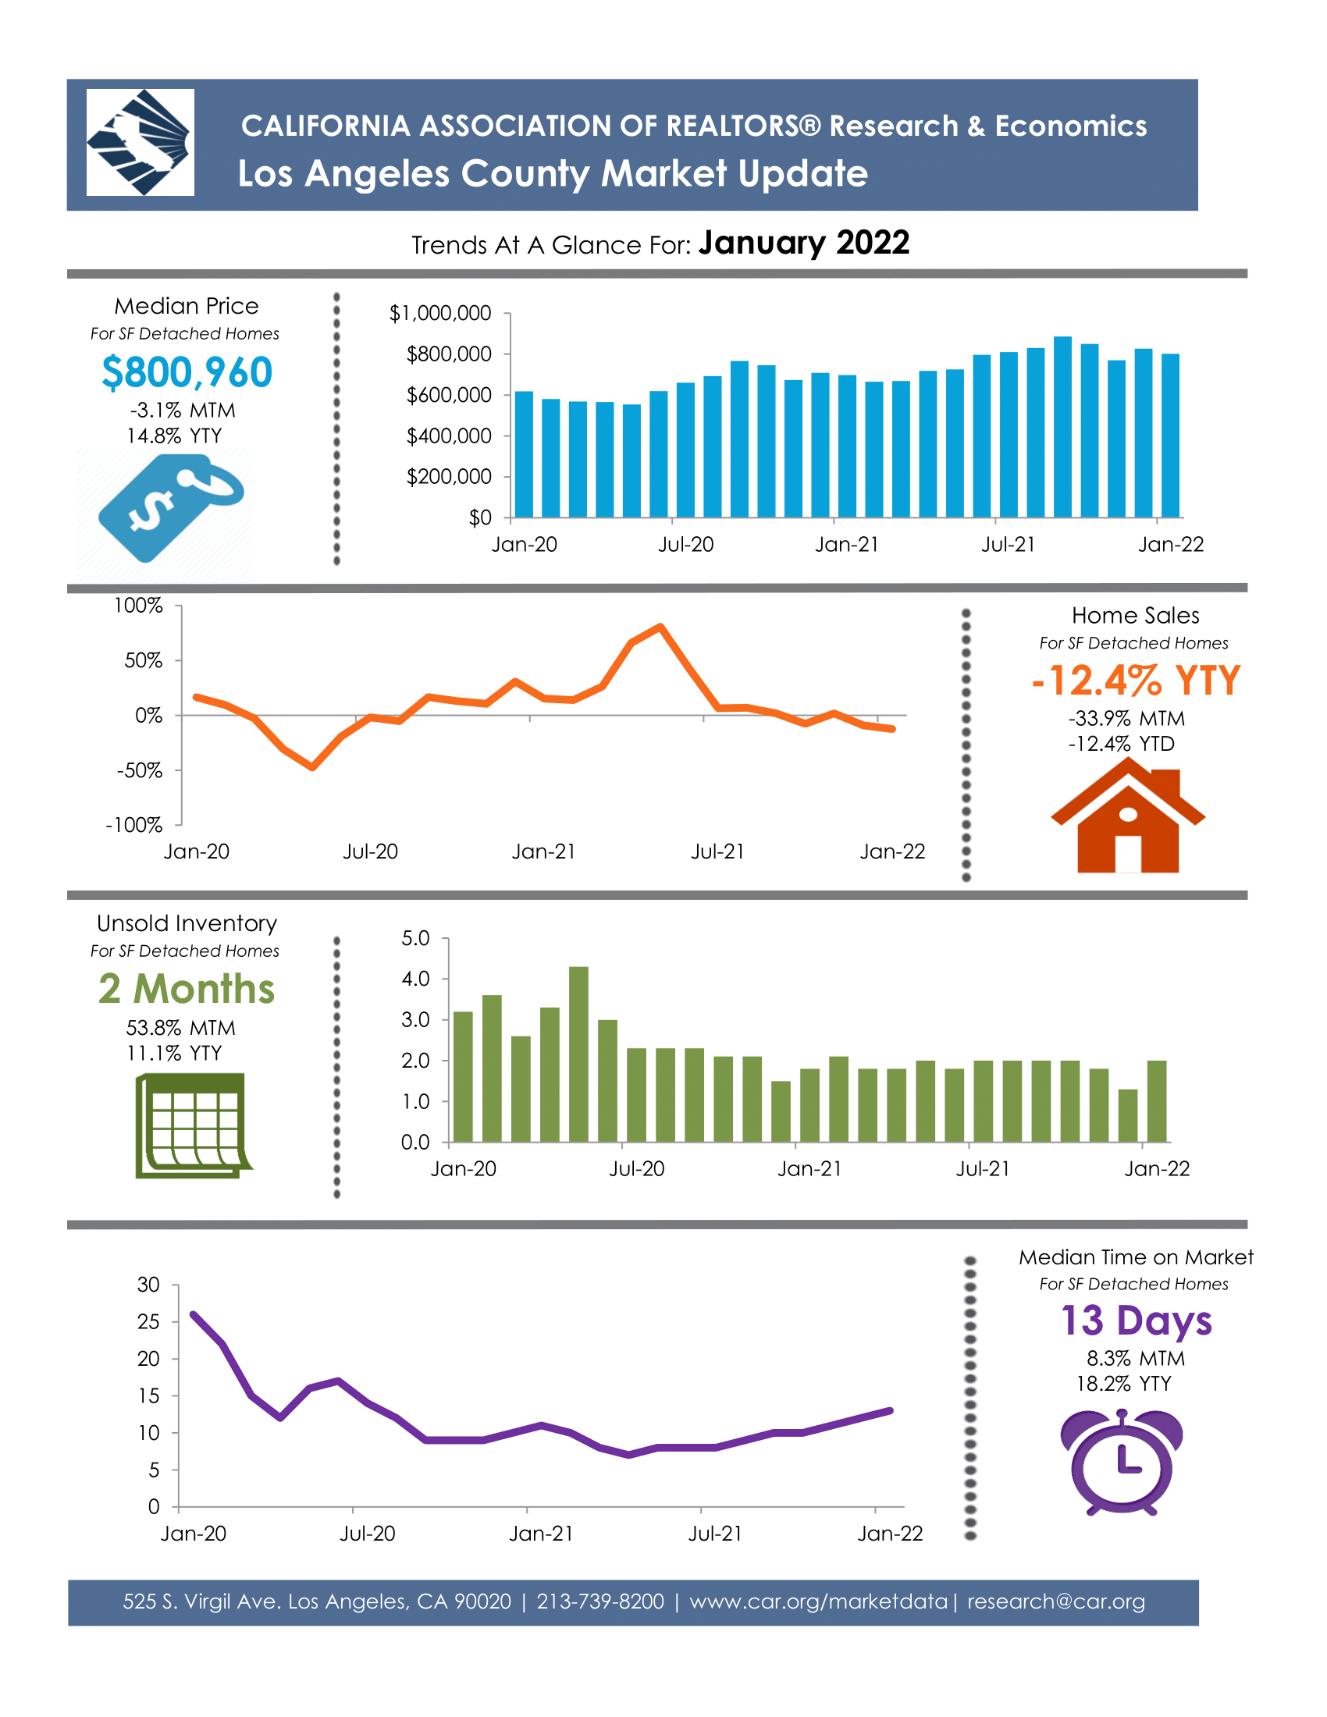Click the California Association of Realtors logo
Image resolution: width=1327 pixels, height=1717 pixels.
140,142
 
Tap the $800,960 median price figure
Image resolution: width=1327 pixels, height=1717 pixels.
187,372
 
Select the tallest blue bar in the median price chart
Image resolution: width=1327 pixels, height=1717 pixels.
1063,427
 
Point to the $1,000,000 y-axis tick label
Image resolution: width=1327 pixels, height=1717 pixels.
440,314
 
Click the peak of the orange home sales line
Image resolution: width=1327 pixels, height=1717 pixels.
660,627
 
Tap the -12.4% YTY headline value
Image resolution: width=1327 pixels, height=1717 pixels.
1136,681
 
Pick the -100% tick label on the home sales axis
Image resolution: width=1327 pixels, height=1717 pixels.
134,826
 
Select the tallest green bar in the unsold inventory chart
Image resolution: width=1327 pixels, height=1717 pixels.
578,1054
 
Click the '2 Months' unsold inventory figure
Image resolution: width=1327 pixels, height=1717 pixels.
187,989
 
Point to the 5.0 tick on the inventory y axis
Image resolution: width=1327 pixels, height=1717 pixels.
415,939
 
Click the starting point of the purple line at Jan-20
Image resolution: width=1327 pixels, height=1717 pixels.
194,1314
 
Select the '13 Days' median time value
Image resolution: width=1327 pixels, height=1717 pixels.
1136,1321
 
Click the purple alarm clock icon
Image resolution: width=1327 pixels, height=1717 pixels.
1122,1463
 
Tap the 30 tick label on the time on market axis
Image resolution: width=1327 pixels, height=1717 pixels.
148,1285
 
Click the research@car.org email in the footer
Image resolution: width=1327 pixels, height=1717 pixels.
1056,1601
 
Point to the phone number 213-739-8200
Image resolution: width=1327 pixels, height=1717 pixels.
600,1601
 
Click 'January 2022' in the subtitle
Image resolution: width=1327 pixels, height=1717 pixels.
804,242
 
